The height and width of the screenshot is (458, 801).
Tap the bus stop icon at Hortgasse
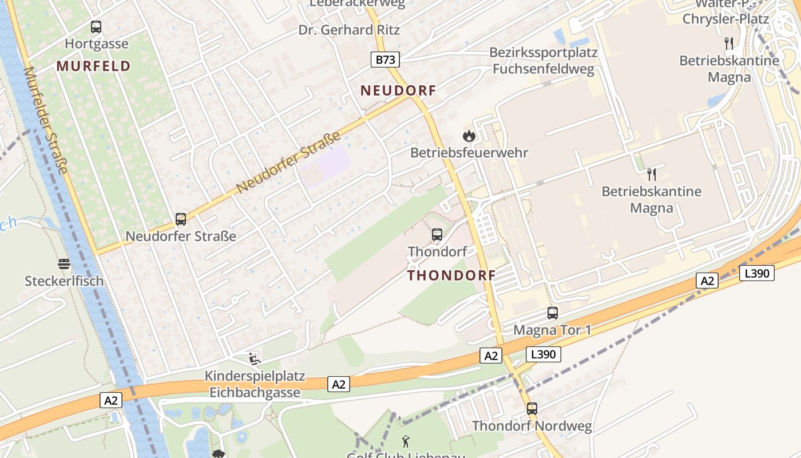coord(96,27)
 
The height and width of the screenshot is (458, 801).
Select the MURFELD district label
coord(94,66)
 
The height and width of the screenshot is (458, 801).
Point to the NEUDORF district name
coord(398,90)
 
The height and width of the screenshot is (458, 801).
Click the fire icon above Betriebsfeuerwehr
coord(469,136)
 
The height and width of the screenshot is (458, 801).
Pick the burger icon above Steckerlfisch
coord(64,264)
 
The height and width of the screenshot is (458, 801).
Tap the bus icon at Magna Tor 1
coord(552,313)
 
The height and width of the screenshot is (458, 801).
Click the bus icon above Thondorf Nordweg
coord(532,409)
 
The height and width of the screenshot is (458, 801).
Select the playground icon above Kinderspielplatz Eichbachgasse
coord(255,359)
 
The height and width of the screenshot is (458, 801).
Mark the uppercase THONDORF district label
coord(451,275)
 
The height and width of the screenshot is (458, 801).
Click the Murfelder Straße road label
coord(46,120)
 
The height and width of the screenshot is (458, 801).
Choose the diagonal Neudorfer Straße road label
coord(288,162)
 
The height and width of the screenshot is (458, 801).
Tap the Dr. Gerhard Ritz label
coord(349,30)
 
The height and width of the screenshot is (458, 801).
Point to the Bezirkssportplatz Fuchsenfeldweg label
coord(543,61)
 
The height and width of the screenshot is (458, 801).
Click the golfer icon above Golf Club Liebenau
coord(406,441)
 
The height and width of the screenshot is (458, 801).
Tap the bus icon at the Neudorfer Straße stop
coord(181,219)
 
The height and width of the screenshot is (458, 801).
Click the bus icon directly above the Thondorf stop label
coord(437,234)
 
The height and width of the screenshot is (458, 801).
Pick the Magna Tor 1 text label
coord(552,330)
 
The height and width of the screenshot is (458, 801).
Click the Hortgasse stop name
coord(97,44)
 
